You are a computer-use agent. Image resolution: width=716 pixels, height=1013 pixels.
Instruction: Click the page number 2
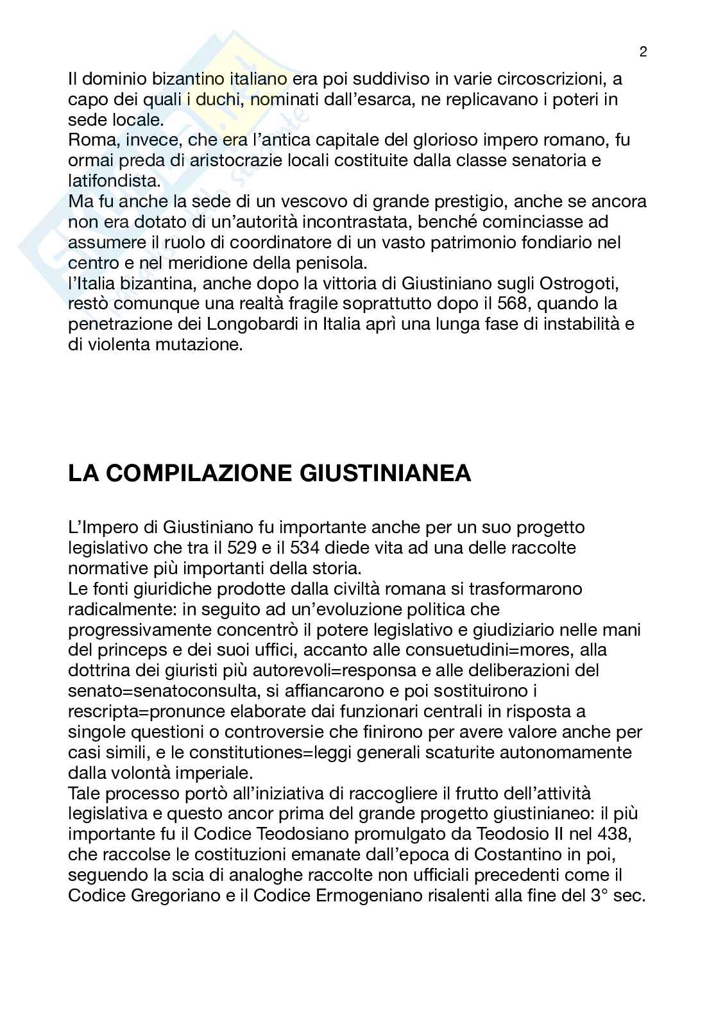pyautogui.click(x=643, y=53)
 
